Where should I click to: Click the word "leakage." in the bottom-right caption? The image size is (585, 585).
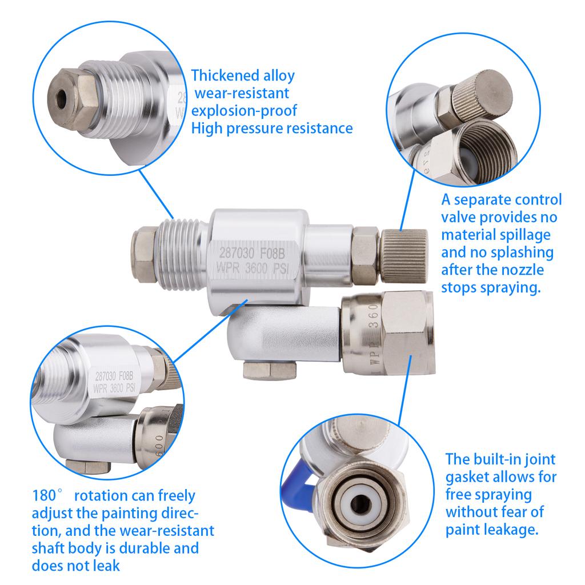pos(508,529)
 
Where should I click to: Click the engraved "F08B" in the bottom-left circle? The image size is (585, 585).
pos(123,376)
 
